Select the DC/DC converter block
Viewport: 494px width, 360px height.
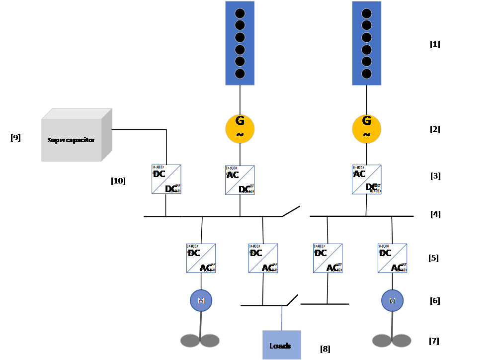tap(166, 179)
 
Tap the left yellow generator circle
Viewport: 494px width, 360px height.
tap(240, 128)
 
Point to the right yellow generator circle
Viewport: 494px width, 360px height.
tap(367, 128)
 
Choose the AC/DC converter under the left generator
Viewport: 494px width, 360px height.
tap(240, 180)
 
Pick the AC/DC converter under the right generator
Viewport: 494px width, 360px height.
tap(367, 179)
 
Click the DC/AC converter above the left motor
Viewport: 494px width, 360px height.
tap(201, 258)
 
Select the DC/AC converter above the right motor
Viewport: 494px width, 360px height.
tap(393, 258)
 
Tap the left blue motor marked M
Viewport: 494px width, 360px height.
tap(201, 301)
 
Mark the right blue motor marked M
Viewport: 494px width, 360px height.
tap(392, 301)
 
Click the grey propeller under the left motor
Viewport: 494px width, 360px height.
tap(200, 341)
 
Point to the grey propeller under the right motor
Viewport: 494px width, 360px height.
tap(392, 341)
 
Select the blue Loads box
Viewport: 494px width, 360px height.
tap(281, 345)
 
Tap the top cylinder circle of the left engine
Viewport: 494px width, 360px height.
tap(240, 13)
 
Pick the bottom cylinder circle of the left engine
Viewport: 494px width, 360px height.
tap(240, 74)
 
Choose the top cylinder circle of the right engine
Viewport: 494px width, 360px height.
tap(367, 13)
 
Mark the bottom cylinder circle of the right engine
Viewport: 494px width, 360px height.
tap(367, 74)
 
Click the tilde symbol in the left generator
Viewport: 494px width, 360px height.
tap(240, 135)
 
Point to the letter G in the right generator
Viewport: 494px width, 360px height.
tap(367, 121)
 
